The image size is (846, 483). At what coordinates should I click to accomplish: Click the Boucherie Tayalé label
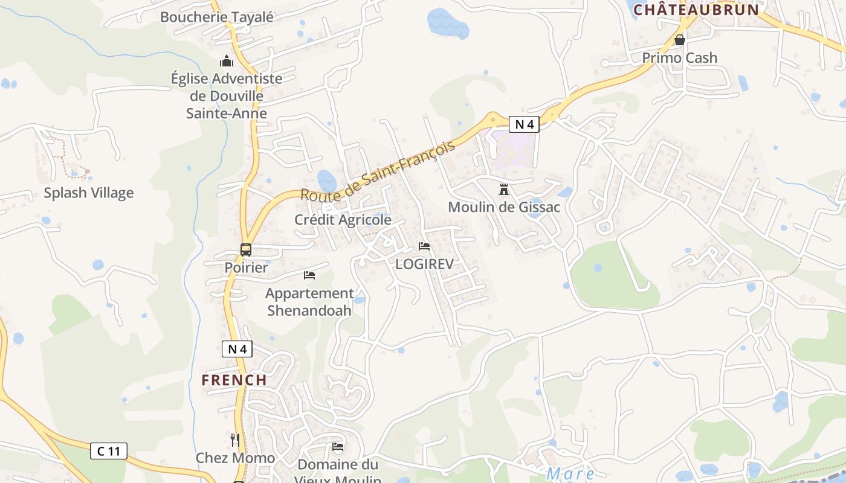[x=216, y=17]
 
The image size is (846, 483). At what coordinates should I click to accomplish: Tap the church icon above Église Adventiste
[x=227, y=61]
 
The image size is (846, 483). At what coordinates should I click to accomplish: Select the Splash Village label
[x=89, y=193]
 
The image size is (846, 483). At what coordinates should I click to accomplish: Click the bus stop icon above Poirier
[x=246, y=249]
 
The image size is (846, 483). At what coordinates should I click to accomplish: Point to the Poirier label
[x=246, y=267]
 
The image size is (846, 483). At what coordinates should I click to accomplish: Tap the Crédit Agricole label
[x=343, y=220]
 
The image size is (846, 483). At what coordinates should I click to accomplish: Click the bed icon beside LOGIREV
[x=424, y=246]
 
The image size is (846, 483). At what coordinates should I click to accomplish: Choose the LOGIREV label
[x=424, y=264]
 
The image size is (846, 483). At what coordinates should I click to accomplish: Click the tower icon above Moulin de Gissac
[x=503, y=190]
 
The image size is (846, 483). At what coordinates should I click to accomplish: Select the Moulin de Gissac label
[x=503, y=207]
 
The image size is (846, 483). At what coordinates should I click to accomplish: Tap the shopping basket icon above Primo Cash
[x=680, y=40]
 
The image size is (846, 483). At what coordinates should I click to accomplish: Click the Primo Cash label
[x=680, y=58]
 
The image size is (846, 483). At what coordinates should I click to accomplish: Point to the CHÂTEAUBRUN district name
[x=696, y=10]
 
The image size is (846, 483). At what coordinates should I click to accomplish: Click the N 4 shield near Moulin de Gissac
[x=523, y=124]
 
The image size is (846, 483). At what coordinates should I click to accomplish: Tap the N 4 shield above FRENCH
[x=237, y=348]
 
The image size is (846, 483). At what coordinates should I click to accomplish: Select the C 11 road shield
[x=109, y=450]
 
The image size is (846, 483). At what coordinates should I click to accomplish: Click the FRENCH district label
[x=234, y=380]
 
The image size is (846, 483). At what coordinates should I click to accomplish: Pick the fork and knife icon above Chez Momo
[x=235, y=440]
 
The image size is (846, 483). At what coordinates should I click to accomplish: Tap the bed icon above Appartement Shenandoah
[x=309, y=275]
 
